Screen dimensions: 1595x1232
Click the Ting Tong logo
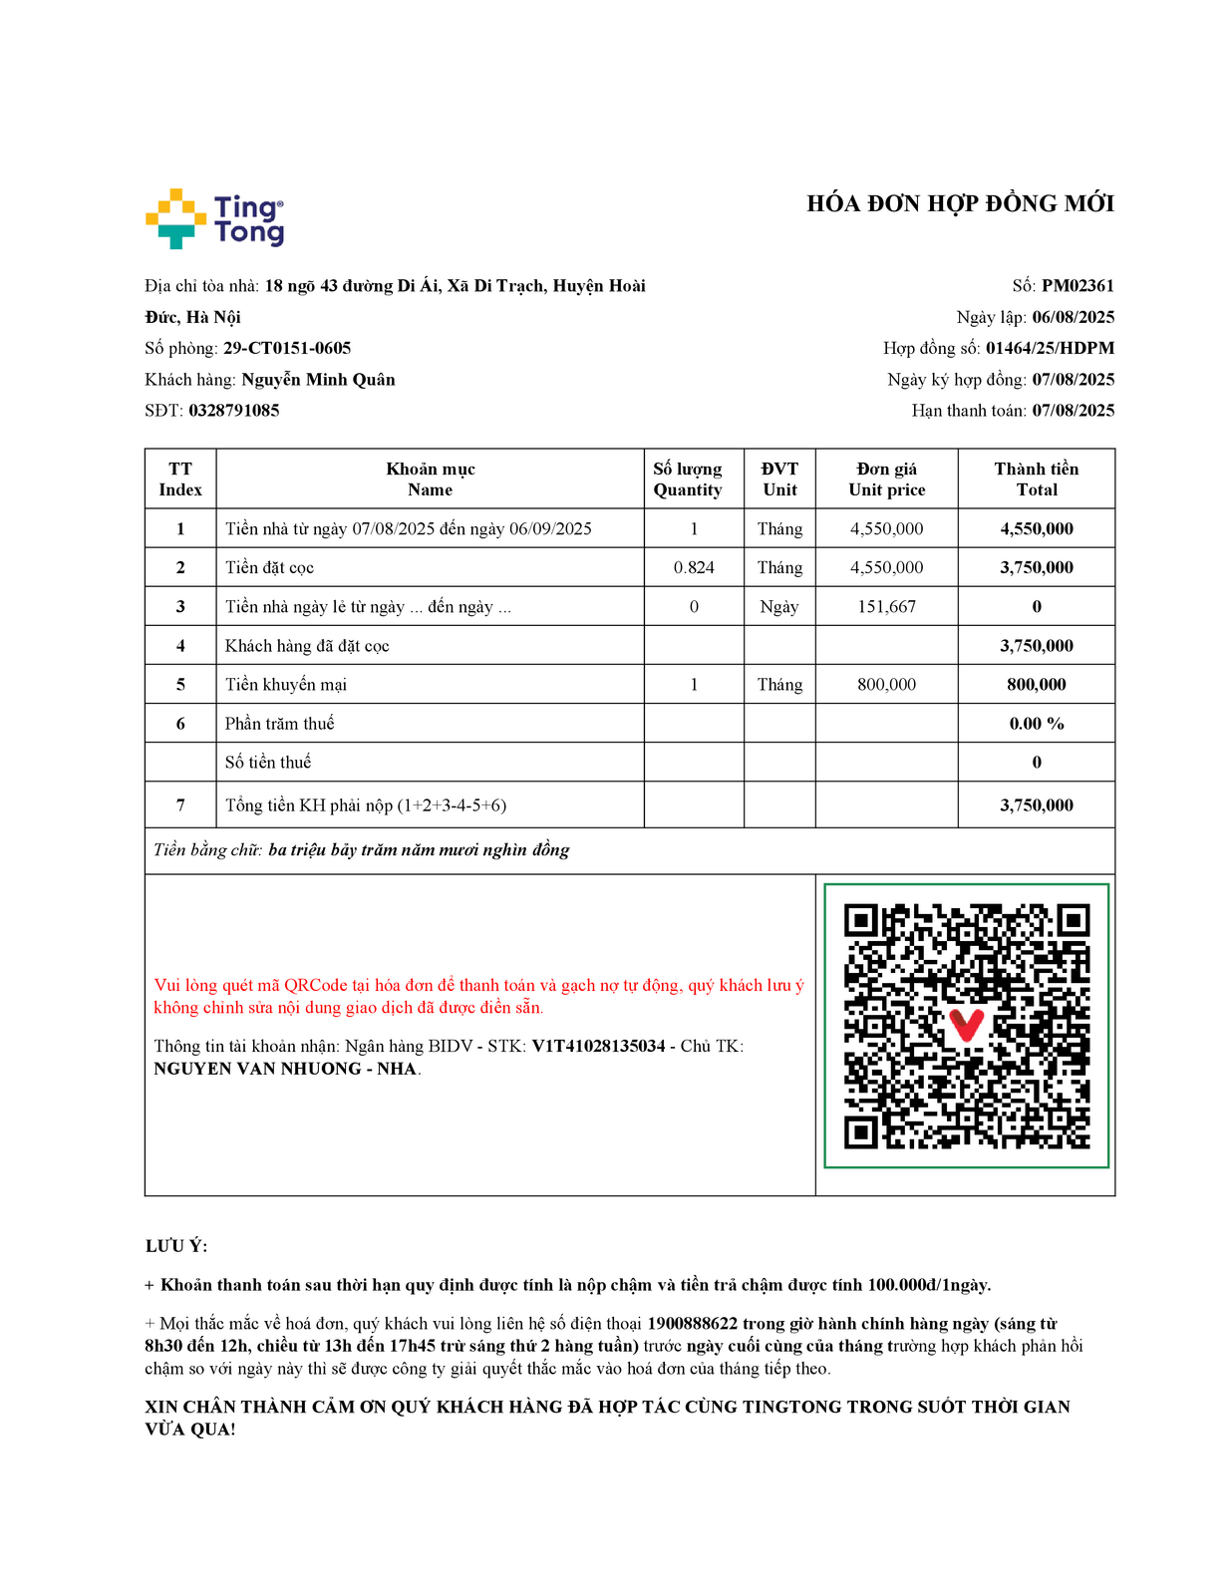(214, 218)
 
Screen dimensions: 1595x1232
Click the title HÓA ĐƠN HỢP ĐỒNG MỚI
(960, 203)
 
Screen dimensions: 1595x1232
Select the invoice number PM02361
(1078, 286)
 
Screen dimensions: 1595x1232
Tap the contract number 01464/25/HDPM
(1050, 348)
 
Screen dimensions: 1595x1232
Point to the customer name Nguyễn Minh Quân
(318, 380)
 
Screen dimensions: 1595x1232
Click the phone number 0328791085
(234, 411)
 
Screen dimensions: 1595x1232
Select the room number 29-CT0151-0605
(287, 348)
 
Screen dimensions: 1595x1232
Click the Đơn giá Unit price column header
(886, 479)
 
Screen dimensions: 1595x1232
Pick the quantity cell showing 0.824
(694, 568)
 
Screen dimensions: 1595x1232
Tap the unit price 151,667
(886, 607)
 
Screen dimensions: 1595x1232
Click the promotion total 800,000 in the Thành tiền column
(1036, 685)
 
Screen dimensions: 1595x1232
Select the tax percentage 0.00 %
(1036, 724)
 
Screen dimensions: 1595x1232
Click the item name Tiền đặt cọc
(269, 568)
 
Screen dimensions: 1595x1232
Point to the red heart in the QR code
(966, 1024)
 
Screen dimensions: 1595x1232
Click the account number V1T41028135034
(598, 1047)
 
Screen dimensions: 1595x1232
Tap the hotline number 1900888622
(692, 1324)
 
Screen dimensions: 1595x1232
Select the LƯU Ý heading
(176, 1246)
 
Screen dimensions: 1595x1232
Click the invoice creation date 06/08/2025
(1073, 317)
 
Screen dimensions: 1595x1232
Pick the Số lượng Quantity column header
(688, 479)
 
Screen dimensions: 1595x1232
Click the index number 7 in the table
(180, 805)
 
